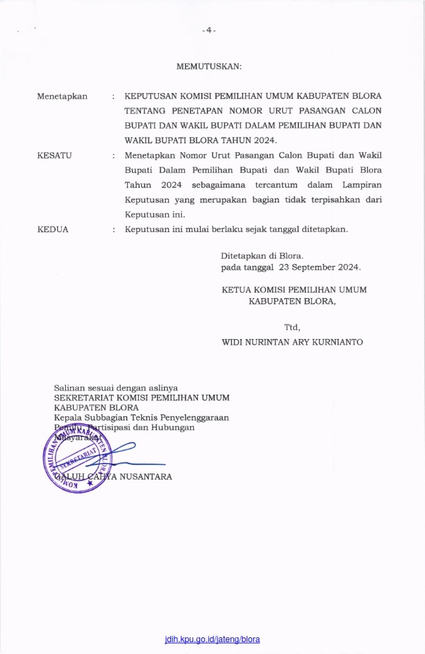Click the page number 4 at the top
pos(209,31)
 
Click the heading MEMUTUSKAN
pos(209,67)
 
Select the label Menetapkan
pos(62,96)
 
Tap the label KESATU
pos(54,155)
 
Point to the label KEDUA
pos(53,229)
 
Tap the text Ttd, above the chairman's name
pos(292,327)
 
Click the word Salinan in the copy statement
pos(71,386)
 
